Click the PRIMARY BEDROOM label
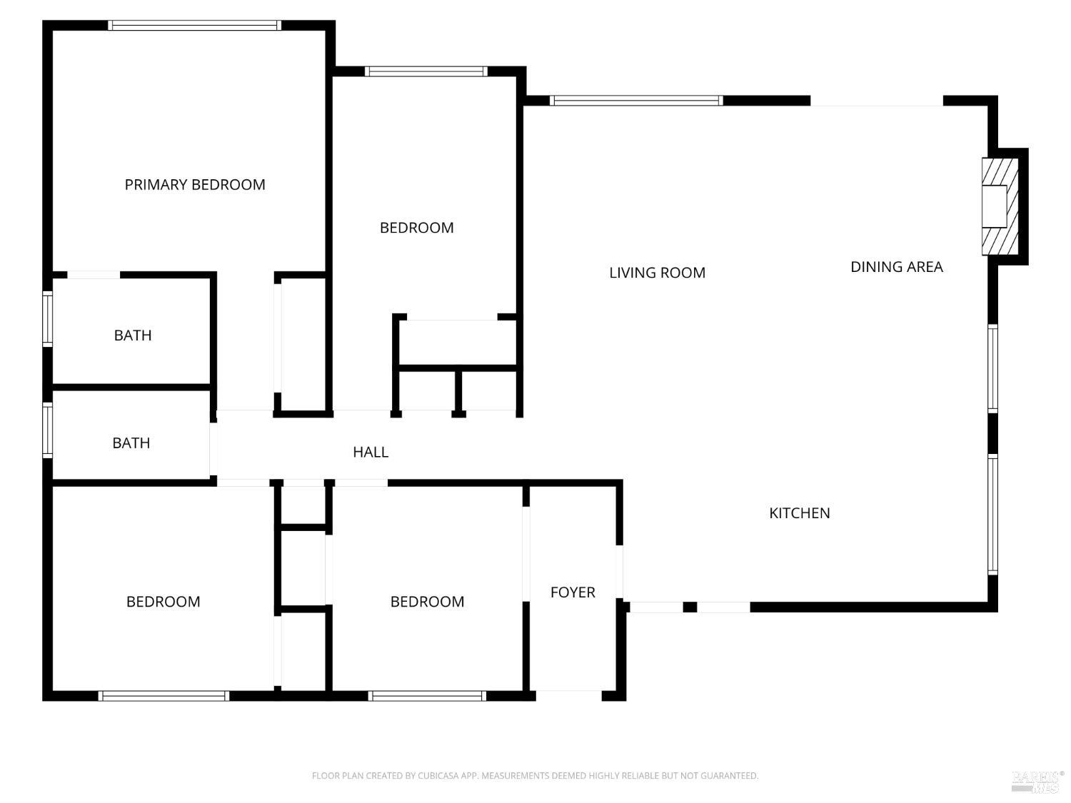[x=195, y=185]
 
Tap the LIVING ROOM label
[x=657, y=273]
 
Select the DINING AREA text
[x=896, y=267]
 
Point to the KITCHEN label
[x=799, y=513]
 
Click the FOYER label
[x=573, y=592]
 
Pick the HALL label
[x=371, y=452]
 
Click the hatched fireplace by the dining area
[x=1000, y=206]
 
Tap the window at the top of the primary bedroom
[x=194, y=26]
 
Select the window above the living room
[x=636, y=101]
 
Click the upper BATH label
[x=133, y=335]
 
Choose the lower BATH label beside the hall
[x=131, y=443]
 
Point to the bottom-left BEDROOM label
[x=163, y=602]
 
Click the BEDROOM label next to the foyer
[x=427, y=602]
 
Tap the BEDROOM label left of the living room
[x=416, y=228]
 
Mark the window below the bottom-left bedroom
[x=164, y=696]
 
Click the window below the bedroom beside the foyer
[x=427, y=696]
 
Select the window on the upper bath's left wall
[x=48, y=319]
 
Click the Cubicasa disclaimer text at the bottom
[x=535, y=776]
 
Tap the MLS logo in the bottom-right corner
[x=1037, y=781]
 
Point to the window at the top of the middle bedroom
[x=426, y=71]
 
